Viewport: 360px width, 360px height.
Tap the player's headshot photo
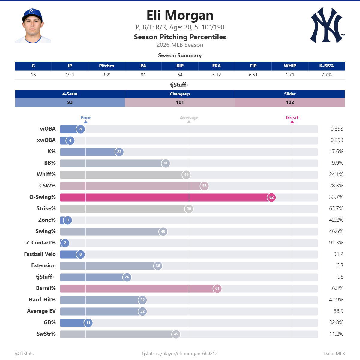point(33,25)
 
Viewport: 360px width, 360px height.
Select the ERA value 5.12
point(217,75)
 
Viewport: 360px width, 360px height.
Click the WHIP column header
point(290,66)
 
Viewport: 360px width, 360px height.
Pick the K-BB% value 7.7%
point(327,75)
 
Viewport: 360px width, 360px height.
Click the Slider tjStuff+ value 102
point(290,102)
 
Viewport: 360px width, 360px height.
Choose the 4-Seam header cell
point(70,94)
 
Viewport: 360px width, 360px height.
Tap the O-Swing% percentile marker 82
point(271,197)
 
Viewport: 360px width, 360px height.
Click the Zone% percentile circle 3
point(67,220)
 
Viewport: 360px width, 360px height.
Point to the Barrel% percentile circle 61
point(217,288)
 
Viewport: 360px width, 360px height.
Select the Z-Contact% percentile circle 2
point(65,243)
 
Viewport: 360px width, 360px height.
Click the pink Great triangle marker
point(292,122)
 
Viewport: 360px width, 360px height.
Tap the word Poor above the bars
point(86,118)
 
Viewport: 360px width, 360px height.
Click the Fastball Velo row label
point(40,254)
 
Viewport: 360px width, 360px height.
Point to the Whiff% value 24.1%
point(336,174)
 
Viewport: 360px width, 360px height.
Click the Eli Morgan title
point(180,15)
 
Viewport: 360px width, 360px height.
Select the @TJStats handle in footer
point(25,354)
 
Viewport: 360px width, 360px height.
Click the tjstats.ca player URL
point(180,354)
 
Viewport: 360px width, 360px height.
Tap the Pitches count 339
point(106,75)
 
